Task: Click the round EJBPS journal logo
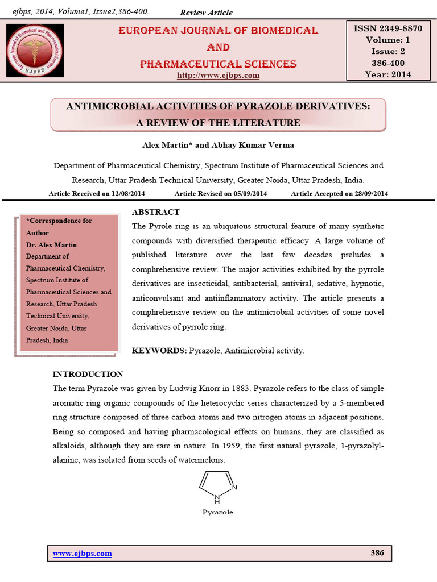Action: pos(35,51)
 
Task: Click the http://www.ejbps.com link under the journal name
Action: pos(218,75)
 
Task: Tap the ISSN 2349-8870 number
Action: pos(389,28)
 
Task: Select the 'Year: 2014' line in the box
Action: pos(389,74)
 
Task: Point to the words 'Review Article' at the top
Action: pos(206,13)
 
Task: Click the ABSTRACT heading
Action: pos(155,212)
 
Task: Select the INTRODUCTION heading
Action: pos(88,374)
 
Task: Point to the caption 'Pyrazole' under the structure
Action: pos(218,512)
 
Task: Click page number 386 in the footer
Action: pos(377,553)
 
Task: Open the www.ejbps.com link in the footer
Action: pos(82,554)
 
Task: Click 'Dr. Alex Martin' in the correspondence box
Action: pos(52,244)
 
